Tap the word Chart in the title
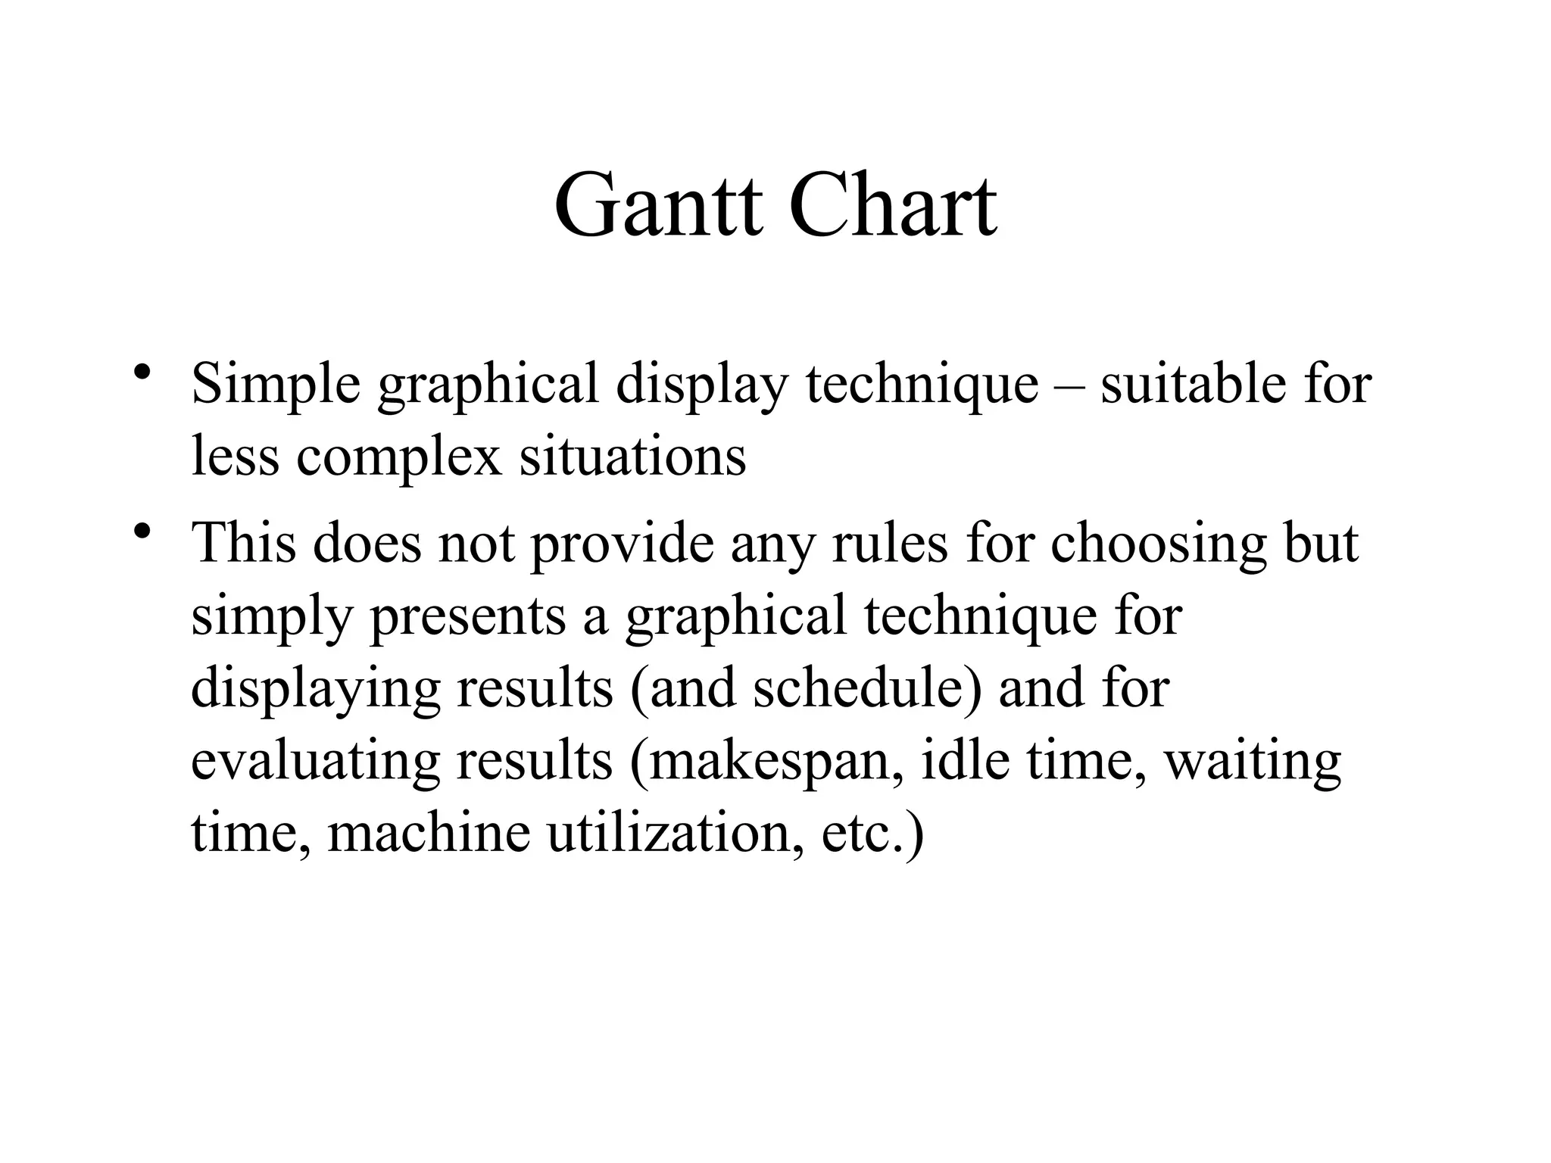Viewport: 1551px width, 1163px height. pos(893,206)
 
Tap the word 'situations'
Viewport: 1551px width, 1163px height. pos(632,456)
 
